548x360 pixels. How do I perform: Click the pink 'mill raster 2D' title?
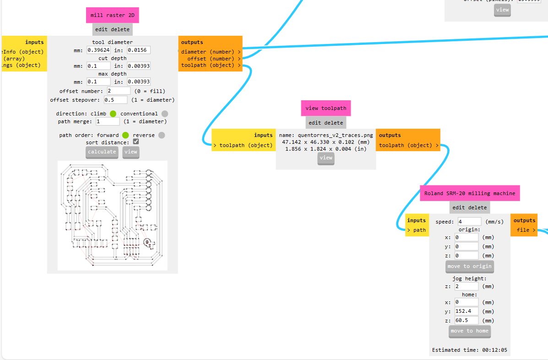[x=112, y=15]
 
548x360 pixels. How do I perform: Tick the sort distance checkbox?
[x=136, y=142]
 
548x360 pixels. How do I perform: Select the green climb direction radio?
[x=113, y=114]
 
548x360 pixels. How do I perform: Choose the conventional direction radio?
[x=165, y=114]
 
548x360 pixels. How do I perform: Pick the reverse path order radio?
[x=161, y=135]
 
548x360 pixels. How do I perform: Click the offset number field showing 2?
[x=119, y=91]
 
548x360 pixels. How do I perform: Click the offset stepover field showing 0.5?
[x=115, y=100]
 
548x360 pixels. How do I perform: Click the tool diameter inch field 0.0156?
[x=138, y=50]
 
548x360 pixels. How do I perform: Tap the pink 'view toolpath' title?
[x=326, y=109]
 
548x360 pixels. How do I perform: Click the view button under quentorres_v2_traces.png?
[x=326, y=158]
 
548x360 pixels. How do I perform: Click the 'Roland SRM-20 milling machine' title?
[x=470, y=193]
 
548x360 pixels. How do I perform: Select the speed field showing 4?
[x=469, y=222]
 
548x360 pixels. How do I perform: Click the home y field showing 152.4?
[x=467, y=311]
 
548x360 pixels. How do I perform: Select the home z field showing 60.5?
[x=467, y=321]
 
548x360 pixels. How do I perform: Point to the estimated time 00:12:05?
[x=494, y=350]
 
